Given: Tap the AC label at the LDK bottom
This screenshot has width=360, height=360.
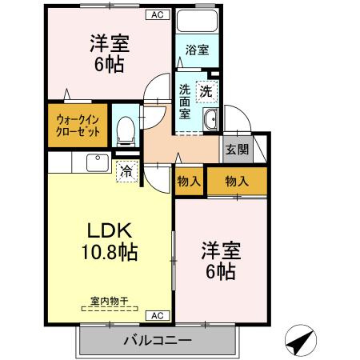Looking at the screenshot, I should (158, 314).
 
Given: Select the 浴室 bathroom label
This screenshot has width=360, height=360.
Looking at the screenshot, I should (197, 50).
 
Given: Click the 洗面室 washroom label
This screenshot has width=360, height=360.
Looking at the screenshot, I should (185, 102).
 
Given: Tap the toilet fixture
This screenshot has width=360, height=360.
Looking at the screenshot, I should (125, 130).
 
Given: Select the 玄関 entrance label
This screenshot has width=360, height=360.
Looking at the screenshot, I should (236, 150).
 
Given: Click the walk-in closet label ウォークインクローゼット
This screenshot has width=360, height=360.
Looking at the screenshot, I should (78, 126).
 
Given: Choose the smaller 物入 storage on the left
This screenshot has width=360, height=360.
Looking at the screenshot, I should (189, 182).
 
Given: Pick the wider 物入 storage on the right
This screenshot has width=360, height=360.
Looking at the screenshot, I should (236, 181).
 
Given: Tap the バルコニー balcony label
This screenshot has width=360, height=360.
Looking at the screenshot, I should (157, 341).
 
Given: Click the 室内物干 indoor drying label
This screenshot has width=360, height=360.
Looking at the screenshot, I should (109, 301).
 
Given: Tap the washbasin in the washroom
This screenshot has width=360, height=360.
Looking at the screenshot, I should (211, 121).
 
